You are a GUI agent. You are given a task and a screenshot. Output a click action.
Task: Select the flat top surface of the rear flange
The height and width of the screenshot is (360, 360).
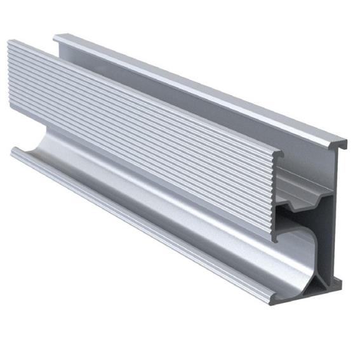190,83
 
